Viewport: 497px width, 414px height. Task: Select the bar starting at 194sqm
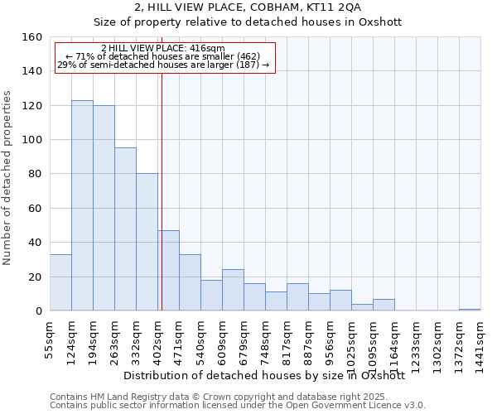(104, 208)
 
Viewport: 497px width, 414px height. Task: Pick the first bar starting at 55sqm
(60, 282)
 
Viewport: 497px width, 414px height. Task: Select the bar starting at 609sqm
(233, 290)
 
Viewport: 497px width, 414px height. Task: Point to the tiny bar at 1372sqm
(470, 310)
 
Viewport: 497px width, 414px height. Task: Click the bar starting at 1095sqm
(384, 305)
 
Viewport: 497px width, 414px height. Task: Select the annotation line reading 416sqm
(162, 49)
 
